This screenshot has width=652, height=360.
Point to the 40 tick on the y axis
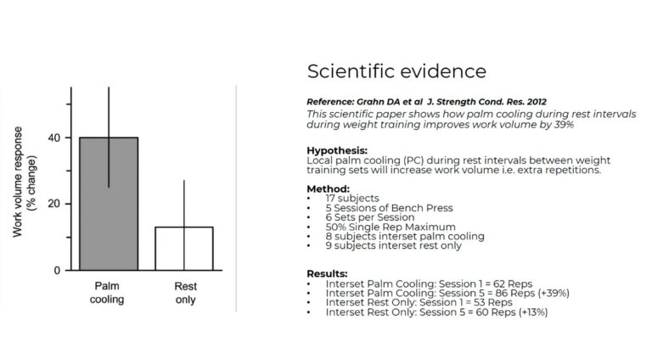point(68,138)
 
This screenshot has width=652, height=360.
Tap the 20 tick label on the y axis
point(54,204)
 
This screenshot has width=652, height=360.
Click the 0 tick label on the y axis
point(57,271)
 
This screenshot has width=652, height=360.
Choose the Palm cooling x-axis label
point(107,293)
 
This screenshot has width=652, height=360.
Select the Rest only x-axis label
point(185,293)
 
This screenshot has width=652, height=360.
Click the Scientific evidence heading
point(396,71)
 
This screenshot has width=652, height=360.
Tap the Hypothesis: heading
point(337,150)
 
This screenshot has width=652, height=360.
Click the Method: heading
point(328,189)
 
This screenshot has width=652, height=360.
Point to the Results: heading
point(327,274)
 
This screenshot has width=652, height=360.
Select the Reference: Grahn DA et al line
point(427,102)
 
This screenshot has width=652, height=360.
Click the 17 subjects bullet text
point(352,199)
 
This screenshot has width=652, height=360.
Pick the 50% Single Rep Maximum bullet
point(391,227)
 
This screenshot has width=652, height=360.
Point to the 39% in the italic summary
point(564,125)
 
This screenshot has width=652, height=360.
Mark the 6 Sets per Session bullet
point(370,217)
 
